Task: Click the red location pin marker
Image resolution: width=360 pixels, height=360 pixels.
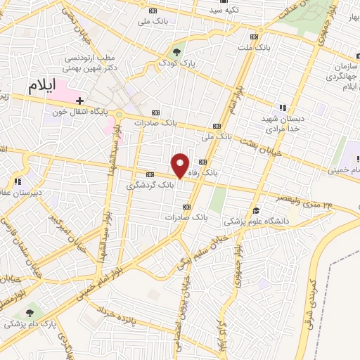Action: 181,165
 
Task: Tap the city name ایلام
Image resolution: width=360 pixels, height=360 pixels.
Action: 42,87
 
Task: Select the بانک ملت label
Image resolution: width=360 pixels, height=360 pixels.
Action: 254,47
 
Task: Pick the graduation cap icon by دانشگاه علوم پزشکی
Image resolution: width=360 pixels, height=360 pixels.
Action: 256,210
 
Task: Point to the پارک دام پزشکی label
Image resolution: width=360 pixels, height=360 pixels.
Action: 29,324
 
